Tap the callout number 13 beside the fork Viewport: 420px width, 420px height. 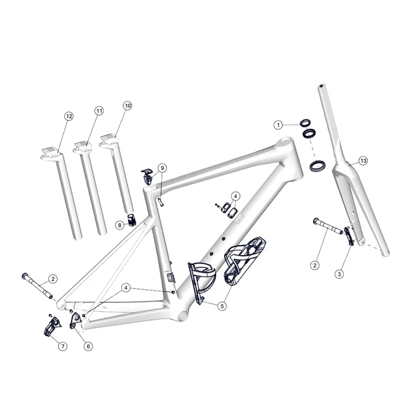tap(363, 160)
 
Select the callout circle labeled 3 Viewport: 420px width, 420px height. tap(340, 274)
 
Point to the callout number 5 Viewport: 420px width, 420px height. tap(223, 305)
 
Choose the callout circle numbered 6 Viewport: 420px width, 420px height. tap(88, 346)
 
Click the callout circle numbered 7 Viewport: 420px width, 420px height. tap(62, 346)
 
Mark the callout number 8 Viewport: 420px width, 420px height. tap(120, 225)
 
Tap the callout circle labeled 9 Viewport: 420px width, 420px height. tap(162, 168)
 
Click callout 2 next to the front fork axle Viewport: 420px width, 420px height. tap(314, 265)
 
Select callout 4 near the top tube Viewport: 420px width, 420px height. tap(236, 196)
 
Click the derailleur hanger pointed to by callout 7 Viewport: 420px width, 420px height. tap(50, 325)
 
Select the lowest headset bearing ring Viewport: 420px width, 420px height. tap(317, 166)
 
